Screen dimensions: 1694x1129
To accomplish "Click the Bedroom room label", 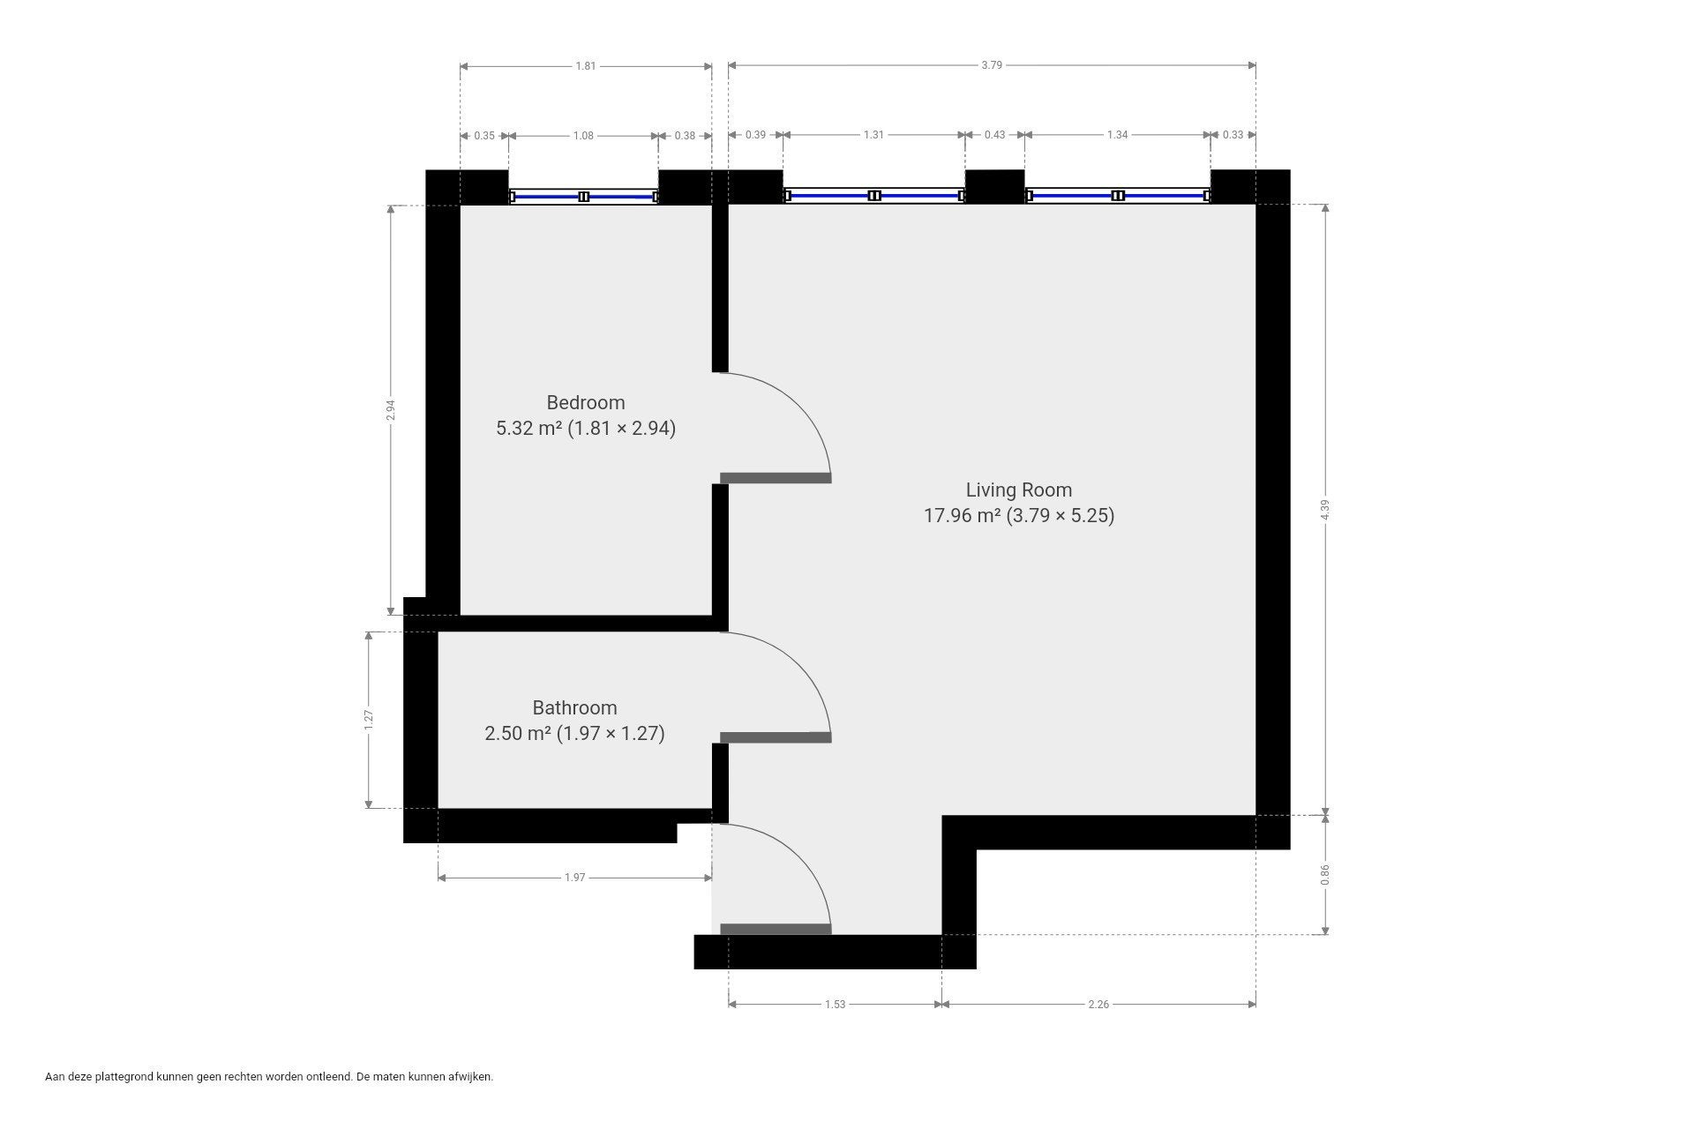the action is [586, 403].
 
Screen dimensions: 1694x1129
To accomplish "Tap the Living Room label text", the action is [1019, 490].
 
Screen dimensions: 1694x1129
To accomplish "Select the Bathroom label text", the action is [574, 707].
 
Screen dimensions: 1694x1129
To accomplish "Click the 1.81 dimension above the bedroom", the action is [586, 65].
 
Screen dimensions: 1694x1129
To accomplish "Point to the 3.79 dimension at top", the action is [992, 65].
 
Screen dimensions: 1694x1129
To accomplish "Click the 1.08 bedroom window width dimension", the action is [583, 136].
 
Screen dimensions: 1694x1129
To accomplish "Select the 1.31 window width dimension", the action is [873, 135].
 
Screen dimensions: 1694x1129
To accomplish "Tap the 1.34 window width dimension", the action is [1117, 135].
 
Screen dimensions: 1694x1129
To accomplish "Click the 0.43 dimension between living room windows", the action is [994, 135].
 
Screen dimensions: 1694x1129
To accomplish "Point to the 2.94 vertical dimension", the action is [391, 410].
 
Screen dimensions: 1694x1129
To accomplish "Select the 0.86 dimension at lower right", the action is [1325, 874].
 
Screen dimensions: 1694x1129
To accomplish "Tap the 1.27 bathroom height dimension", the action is [370, 720].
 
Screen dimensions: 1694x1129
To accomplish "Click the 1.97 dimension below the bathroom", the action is [574, 878].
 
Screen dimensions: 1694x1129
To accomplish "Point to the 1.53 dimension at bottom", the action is [835, 1004].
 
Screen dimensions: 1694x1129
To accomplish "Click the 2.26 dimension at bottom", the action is [1098, 1004].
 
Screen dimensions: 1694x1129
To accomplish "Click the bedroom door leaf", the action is [776, 478].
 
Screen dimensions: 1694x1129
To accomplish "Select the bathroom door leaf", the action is [776, 737].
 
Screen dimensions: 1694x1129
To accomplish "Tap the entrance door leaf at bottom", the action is [776, 929].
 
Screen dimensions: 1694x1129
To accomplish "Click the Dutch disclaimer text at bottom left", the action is [269, 1077].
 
